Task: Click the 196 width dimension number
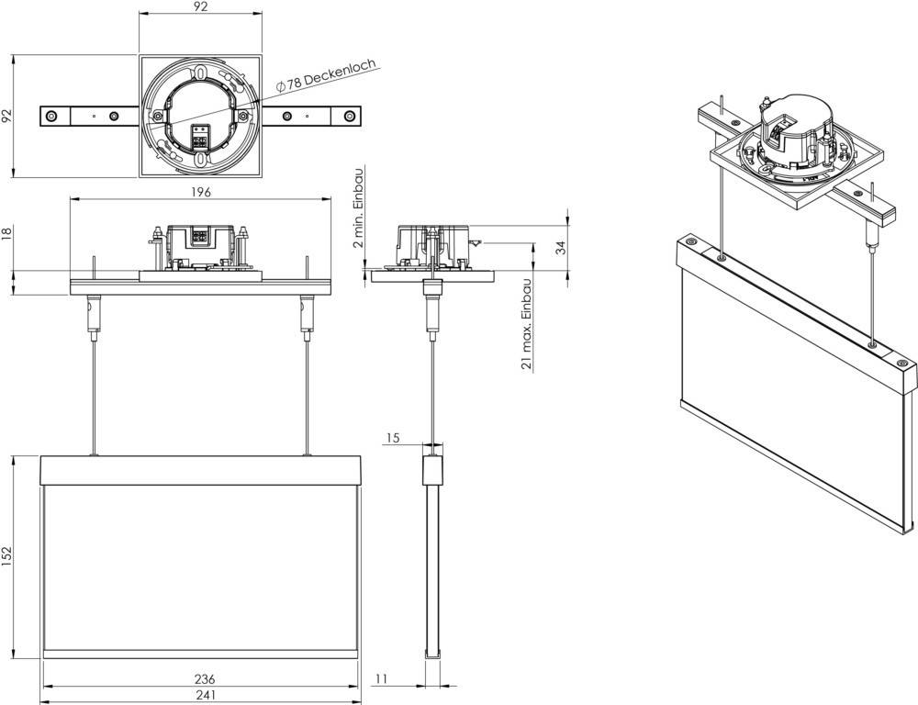[x=201, y=192]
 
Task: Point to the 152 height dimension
[x=8, y=556]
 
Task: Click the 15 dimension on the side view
[x=392, y=439]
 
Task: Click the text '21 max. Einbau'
[x=527, y=324]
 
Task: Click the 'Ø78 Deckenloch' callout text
[x=326, y=76]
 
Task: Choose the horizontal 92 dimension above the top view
[x=201, y=7]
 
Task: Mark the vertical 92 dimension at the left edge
[x=8, y=116]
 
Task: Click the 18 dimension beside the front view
[x=8, y=235]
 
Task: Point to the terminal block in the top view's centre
[x=199, y=136]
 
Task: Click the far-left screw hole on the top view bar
[x=51, y=117]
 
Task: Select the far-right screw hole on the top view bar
[x=349, y=117]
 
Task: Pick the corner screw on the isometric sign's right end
[x=903, y=364]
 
